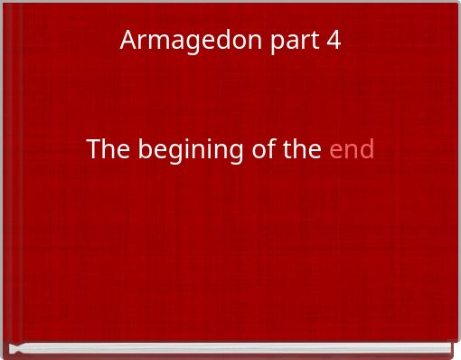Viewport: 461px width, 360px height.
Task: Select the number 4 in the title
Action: click(x=334, y=41)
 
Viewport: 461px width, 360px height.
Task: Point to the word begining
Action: click(x=191, y=151)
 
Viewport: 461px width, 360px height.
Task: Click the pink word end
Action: click(x=352, y=149)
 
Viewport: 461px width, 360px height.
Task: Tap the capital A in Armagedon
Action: click(x=128, y=41)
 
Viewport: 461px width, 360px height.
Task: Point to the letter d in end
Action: click(x=366, y=149)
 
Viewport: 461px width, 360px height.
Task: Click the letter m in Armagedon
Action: click(x=155, y=42)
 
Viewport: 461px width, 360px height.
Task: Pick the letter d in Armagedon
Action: click(x=214, y=41)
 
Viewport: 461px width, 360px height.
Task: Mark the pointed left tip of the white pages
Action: click(x=11, y=348)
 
